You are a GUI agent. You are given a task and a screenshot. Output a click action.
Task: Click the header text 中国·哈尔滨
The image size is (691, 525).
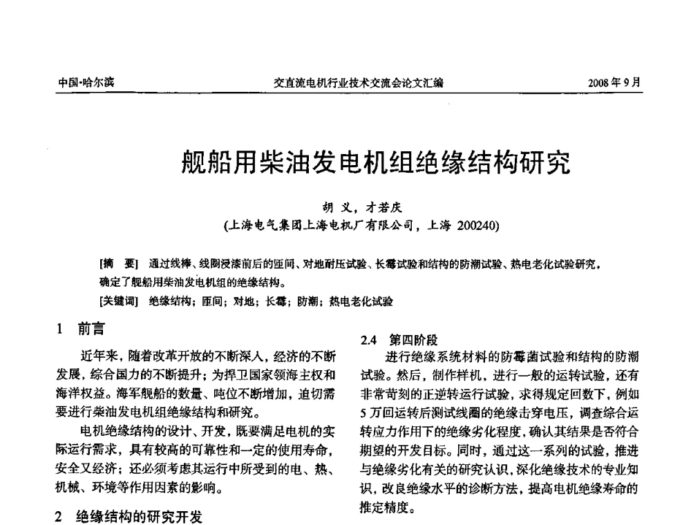(86, 83)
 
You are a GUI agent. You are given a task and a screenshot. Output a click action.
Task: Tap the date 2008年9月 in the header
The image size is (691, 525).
(614, 83)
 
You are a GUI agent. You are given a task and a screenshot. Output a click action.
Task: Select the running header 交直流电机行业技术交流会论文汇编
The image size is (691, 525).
(359, 83)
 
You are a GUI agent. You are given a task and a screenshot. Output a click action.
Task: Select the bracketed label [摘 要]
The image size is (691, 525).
(119, 264)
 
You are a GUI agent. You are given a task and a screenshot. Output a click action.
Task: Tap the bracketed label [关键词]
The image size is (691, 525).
(119, 301)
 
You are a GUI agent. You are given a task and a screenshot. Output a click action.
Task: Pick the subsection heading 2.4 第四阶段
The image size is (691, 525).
(399, 340)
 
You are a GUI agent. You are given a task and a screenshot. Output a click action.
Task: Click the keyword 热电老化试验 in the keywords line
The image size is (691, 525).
(361, 301)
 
